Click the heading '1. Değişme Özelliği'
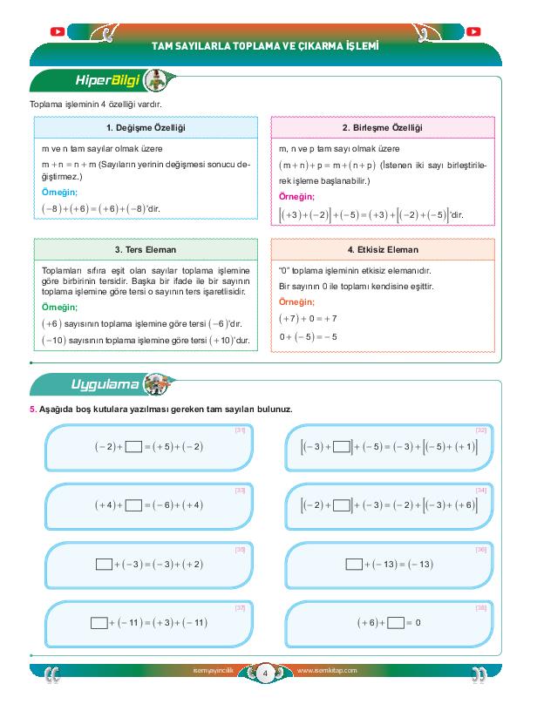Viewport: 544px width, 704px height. pos(146,128)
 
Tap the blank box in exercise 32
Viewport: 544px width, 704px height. pos(342,447)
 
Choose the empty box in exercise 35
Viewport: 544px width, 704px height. pos(103,565)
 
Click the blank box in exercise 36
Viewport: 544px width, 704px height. pos(353,565)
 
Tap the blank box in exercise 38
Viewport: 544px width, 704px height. pos(397,623)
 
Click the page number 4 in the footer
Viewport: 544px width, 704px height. pos(264,672)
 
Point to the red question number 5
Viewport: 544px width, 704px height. pos(32,410)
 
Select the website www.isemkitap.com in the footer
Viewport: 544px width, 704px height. pos(327,672)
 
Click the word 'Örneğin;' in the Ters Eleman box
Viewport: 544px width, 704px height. pos(59,308)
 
